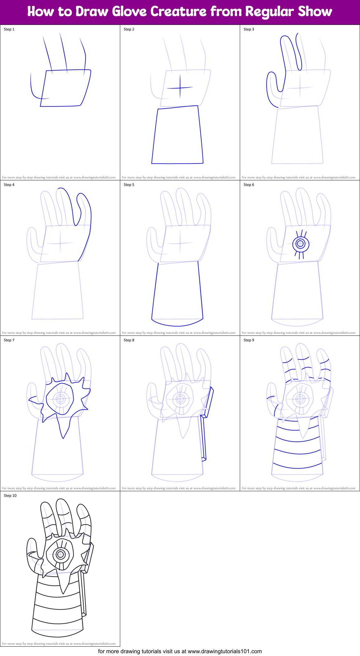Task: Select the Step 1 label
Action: (x=9, y=29)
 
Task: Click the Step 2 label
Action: (x=129, y=29)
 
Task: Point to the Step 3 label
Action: (x=249, y=29)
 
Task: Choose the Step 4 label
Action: (x=9, y=185)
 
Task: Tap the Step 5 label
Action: (x=129, y=185)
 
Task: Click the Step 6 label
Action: (x=249, y=185)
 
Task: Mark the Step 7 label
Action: (x=9, y=340)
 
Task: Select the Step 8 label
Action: (x=129, y=340)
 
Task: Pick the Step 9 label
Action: (x=249, y=340)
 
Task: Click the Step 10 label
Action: (x=10, y=496)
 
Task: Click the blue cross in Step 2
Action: (x=180, y=88)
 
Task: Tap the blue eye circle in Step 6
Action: (x=301, y=244)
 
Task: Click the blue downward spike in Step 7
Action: (x=64, y=430)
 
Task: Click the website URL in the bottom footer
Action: (x=225, y=651)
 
